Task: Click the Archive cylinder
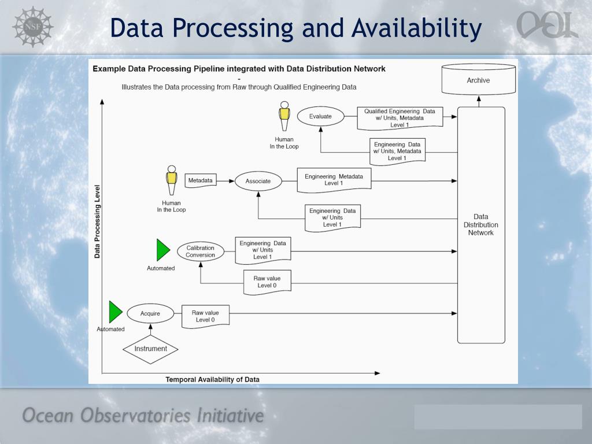click(478, 80)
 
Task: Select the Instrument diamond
click(150, 349)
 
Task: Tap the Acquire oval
click(150, 313)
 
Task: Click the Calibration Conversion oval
click(200, 251)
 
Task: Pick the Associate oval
click(258, 181)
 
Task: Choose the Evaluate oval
click(320, 116)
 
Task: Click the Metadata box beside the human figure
click(200, 180)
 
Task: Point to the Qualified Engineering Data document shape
click(399, 117)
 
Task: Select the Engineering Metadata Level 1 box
click(334, 180)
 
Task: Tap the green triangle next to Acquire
click(115, 312)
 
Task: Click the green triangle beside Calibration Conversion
click(162, 250)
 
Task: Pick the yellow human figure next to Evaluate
click(284, 117)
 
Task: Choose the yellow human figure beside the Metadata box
click(171, 181)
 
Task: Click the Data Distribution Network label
click(480, 225)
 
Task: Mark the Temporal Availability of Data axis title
click(212, 379)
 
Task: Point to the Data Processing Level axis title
click(97, 221)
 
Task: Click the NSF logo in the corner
click(32, 26)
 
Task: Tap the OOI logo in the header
click(547, 25)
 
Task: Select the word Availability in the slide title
click(417, 28)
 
